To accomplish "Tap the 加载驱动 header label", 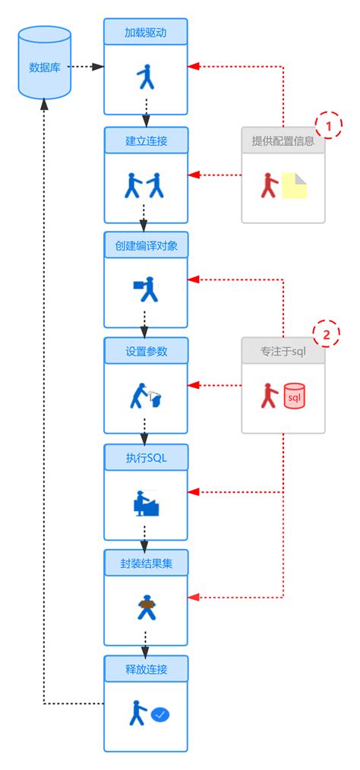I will coord(145,32).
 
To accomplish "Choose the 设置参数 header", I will coord(145,351).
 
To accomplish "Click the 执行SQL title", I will coord(145,457).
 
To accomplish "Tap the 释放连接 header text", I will coord(145,669).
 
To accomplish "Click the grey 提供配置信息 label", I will coord(283,140).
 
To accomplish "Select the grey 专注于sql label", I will coord(283,351).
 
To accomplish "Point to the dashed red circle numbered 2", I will coord(327,334).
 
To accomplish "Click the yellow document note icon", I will coord(295,185).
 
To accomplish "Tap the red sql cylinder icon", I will coord(294,396).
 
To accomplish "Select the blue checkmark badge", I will coord(160,714).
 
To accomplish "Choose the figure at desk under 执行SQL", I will coord(145,503).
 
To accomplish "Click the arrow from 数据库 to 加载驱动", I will coord(86,67).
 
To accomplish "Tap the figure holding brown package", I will coord(145,607).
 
